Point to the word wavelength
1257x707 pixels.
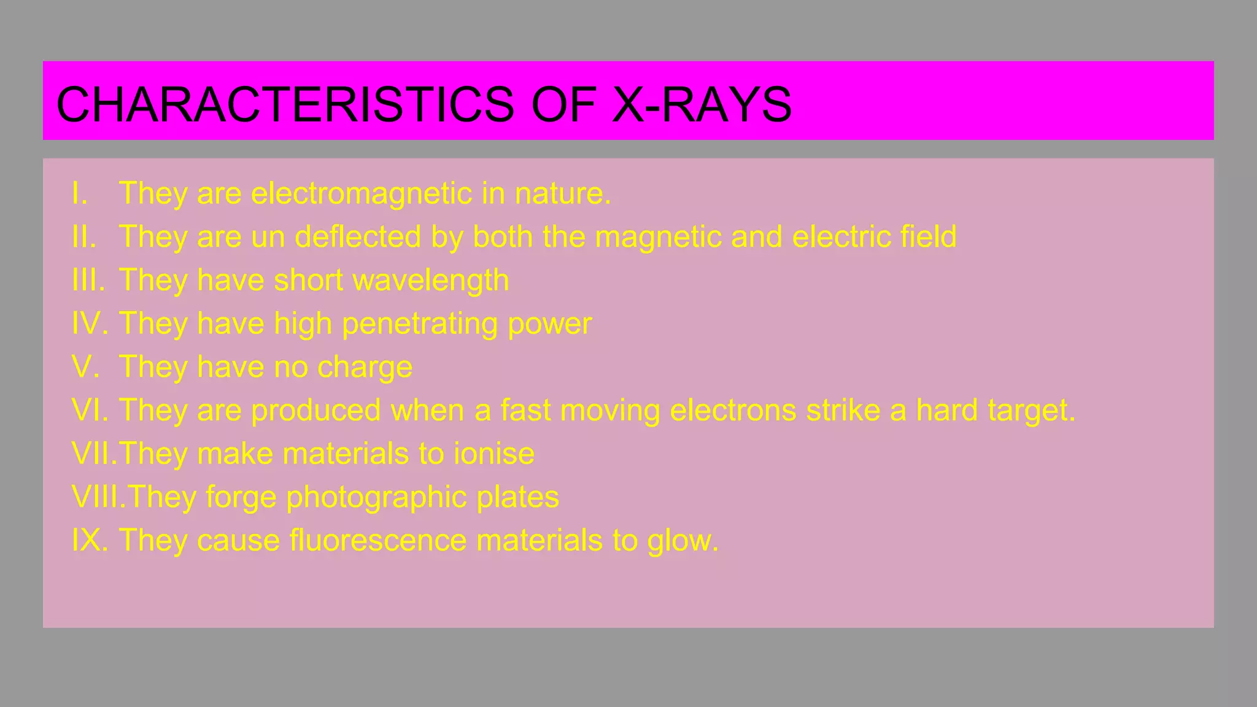tap(431, 280)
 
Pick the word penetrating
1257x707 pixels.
tap(420, 324)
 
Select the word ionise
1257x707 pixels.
tap(494, 454)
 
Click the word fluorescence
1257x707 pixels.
tap(378, 541)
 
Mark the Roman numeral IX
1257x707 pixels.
tap(89, 541)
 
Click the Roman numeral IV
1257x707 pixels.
tap(89, 324)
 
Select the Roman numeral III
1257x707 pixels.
tap(87, 280)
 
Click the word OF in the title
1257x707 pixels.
tap(563, 104)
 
